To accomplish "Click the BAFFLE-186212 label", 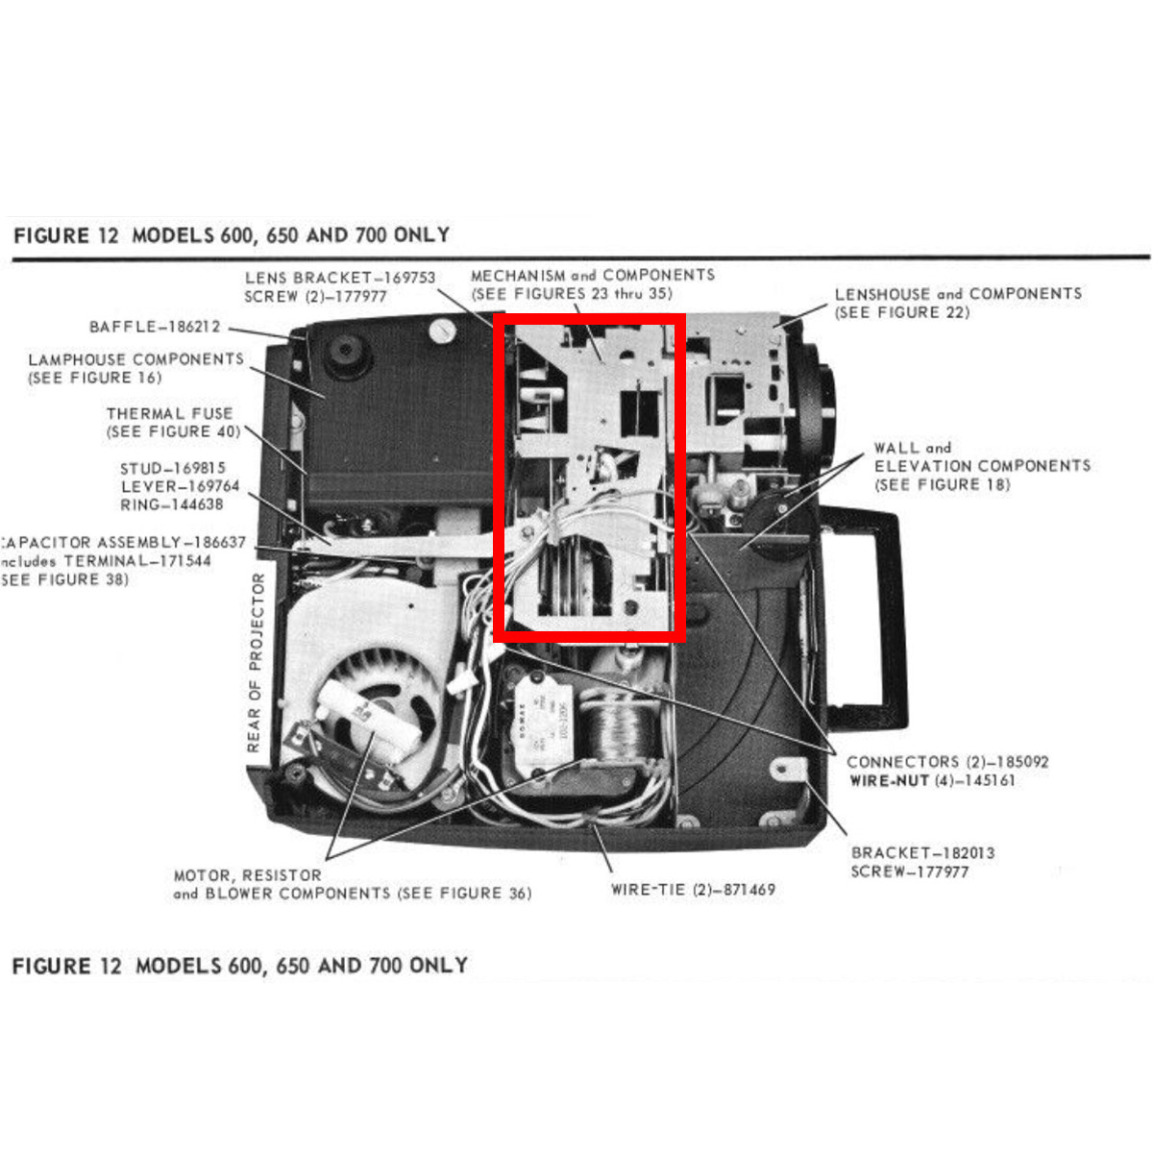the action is point(154,327).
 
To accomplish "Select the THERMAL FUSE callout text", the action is point(169,413).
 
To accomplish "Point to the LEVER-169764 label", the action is point(180,486).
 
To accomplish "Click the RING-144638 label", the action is point(171,504).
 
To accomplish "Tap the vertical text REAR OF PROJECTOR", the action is point(256,662).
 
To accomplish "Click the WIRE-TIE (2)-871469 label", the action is point(693,890).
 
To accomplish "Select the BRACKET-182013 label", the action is point(922,852).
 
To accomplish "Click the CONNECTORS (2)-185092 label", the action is point(947,762).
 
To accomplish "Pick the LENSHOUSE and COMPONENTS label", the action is point(958,294).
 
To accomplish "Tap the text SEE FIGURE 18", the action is point(942,484).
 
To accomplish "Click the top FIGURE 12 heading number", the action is point(106,235).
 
